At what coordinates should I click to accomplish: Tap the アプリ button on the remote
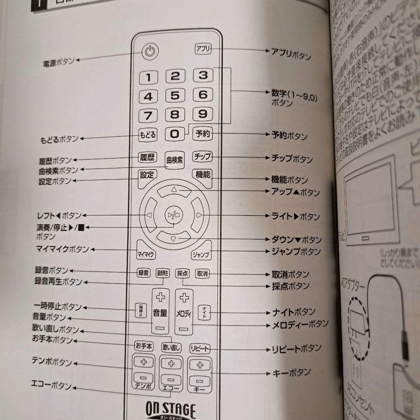203,49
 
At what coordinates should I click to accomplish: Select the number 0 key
175,134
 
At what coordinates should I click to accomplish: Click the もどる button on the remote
148,135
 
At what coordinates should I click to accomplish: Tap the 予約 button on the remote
203,134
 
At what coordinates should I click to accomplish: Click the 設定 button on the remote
147,175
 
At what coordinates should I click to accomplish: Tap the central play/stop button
171,215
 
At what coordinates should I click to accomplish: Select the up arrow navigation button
174,190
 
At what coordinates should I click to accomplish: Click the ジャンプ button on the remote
201,255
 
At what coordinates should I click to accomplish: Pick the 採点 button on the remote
182,273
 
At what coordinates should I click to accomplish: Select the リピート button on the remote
199,348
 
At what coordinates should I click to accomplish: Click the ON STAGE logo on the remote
171,410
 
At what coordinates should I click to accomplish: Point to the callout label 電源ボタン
58,63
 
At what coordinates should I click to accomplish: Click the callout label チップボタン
292,158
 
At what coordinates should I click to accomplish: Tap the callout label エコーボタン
52,385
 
